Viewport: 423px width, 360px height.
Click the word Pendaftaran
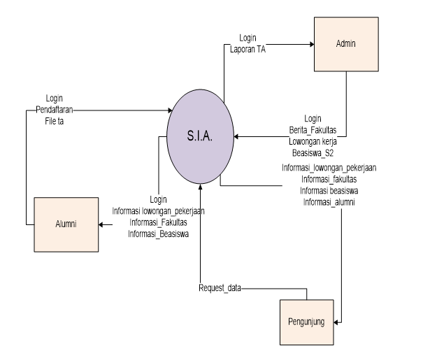click(55, 110)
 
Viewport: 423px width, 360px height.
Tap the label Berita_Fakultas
click(313, 130)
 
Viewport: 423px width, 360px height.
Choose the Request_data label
click(220, 287)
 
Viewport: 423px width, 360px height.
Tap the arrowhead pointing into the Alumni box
click(102, 225)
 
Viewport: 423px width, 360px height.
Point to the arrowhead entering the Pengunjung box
click(338, 322)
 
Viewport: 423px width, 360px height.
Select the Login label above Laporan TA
click(248, 38)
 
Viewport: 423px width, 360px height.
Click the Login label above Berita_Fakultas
click(313, 119)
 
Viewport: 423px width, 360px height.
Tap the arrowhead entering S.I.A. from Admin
click(237, 137)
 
